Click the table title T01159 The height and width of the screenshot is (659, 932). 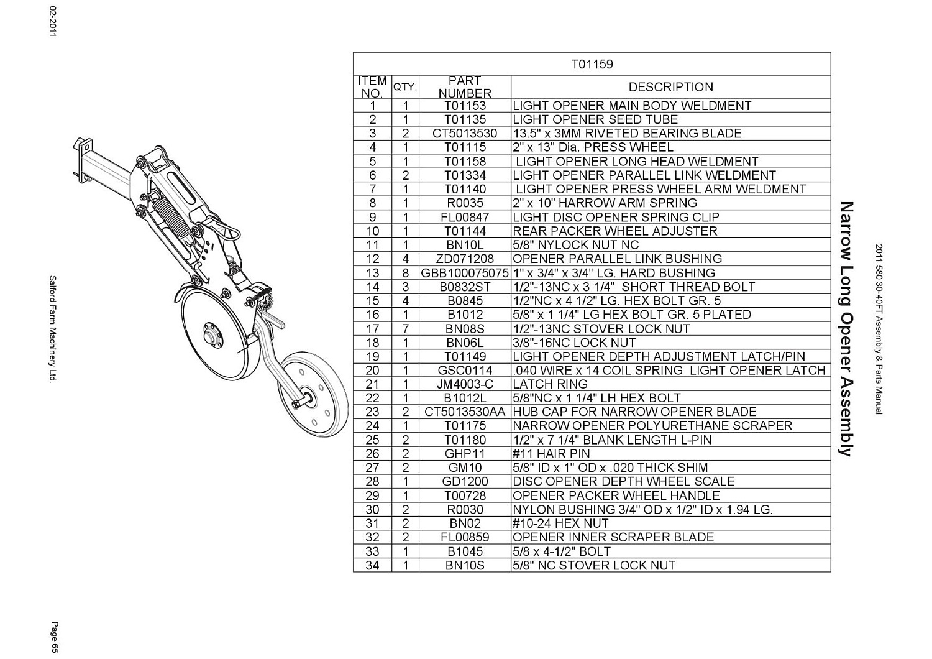(592, 64)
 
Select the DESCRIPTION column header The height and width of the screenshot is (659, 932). (670, 87)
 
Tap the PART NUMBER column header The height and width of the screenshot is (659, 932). (465, 87)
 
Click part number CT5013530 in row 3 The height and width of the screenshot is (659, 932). (465, 134)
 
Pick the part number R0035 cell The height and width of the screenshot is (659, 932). (465, 203)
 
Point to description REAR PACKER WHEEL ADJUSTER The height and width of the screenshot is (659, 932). (614, 231)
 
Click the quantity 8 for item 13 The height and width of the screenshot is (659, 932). (405, 273)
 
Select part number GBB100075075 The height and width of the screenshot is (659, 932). (465, 273)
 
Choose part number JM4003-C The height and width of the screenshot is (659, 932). (465, 384)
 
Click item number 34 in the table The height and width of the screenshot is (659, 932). (372, 565)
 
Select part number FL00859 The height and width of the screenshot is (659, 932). (465, 537)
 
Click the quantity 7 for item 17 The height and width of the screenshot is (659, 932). (405, 329)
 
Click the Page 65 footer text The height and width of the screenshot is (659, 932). (55, 637)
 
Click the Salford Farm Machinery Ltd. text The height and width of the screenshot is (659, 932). (53, 329)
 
